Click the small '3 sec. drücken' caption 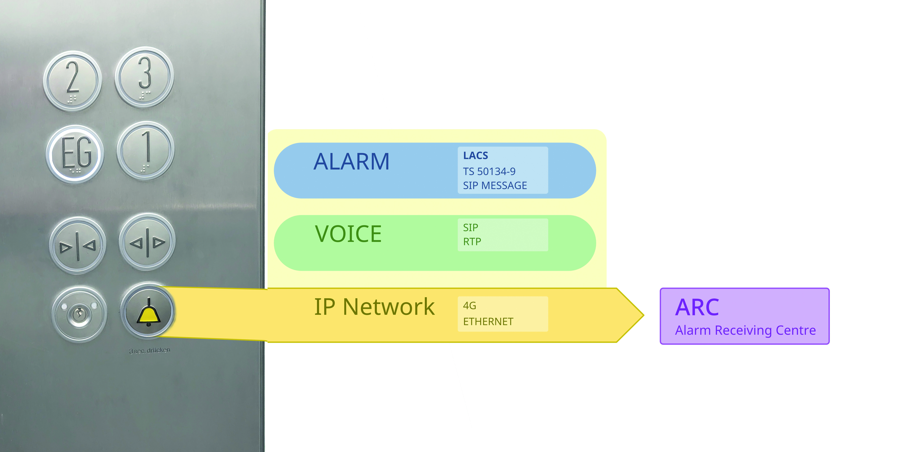pos(150,350)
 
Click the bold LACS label pos(475,156)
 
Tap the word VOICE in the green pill pos(348,234)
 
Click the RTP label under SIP pos(472,242)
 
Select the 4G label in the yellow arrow pos(469,306)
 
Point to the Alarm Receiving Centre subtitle pos(745,331)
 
